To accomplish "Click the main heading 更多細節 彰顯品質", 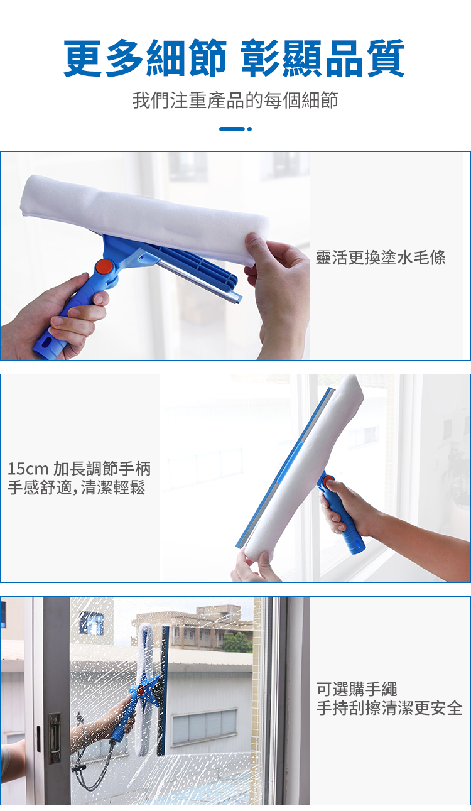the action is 234,58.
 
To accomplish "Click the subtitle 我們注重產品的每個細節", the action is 235,101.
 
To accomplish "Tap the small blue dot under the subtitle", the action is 249,129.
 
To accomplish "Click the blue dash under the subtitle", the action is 232,129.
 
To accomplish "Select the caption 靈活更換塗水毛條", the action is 381,258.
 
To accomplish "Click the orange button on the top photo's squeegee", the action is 104,267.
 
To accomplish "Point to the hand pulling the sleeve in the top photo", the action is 278,290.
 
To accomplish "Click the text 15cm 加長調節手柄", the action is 79,469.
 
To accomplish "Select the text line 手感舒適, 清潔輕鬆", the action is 77,487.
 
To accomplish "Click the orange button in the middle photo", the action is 328,482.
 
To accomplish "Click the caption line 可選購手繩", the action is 357,689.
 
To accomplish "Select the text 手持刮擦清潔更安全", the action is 389,708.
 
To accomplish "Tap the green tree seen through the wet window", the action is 237,642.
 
